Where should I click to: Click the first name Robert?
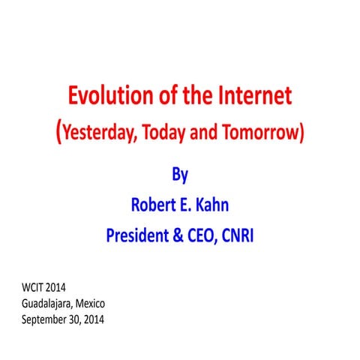pos(156,204)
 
